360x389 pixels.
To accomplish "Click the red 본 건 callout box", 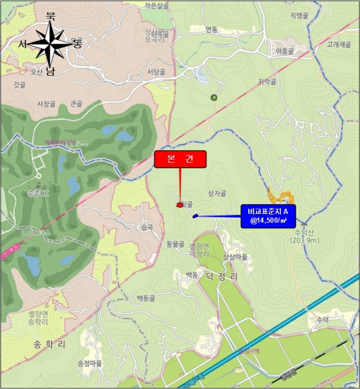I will point(180,159).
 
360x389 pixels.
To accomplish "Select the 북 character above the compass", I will point(51,17).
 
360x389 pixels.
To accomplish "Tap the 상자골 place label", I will point(217,193).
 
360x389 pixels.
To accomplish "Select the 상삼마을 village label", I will point(235,257).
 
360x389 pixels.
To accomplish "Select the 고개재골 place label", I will point(339,44).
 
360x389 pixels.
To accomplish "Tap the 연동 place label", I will point(211,29).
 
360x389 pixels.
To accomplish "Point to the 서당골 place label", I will point(156,72).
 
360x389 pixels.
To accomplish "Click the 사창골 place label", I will point(46,104).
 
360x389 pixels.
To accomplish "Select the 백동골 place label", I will point(148,298).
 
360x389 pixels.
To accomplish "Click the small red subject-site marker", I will point(179,205).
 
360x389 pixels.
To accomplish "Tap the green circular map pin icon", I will point(214,98).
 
